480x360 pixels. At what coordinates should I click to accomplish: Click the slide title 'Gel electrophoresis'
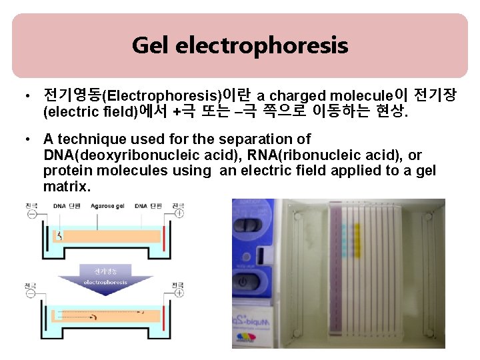click(240, 45)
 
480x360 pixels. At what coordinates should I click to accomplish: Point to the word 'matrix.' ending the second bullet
click(67, 187)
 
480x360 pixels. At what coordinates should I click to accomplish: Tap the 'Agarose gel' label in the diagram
click(111, 206)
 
